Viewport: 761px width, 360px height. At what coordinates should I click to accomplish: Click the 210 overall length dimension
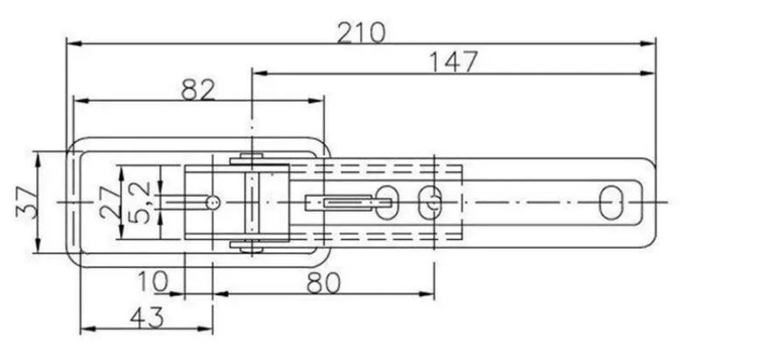coord(362,33)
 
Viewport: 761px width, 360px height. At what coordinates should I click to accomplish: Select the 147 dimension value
coord(454,62)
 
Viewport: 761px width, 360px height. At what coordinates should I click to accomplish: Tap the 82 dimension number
coord(198,89)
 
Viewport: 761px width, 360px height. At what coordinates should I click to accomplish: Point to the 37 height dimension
coord(27,202)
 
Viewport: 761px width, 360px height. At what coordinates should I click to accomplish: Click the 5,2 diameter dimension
coord(141,203)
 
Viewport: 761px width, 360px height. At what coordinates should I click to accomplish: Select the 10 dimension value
coord(153,281)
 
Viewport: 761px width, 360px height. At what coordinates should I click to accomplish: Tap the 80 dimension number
coord(324,283)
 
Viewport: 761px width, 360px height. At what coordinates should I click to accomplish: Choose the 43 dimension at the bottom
coord(147,318)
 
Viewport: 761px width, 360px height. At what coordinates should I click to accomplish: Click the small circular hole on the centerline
coord(213,202)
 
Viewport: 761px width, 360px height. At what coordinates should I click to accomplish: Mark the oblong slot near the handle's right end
coord(611,202)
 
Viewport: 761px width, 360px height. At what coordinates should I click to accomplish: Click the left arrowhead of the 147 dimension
coord(261,74)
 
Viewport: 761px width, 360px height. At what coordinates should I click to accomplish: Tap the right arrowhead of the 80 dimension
coord(426,293)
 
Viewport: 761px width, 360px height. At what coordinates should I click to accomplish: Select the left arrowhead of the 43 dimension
coord(88,329)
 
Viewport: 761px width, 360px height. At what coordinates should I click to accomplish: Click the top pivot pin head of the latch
coord(252,157)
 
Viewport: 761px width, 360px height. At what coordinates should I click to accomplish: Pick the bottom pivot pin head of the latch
coord(252,249)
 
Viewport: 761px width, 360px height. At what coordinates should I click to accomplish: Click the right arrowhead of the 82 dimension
coord(315,101)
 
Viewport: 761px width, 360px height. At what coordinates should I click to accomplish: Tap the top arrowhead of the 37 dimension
coord(38,159)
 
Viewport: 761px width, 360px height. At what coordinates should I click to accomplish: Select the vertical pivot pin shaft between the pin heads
coord(252,202)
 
